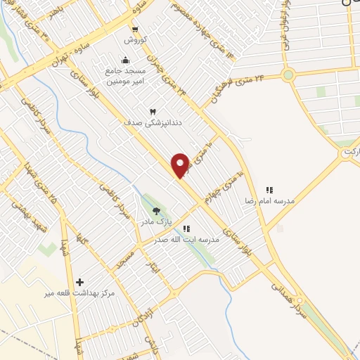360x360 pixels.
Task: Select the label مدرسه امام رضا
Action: (269, 200)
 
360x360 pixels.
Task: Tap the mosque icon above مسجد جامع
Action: (125, 60)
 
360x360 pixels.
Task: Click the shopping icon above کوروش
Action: (135, 30)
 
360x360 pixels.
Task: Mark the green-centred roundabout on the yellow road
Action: (287, 75)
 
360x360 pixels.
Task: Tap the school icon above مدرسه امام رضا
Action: (269, 190)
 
